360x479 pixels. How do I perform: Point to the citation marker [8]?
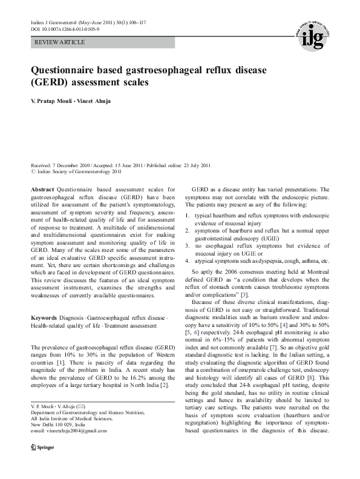click(x=311, y=362)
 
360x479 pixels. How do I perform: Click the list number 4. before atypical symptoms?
click(x=188, y=260)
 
